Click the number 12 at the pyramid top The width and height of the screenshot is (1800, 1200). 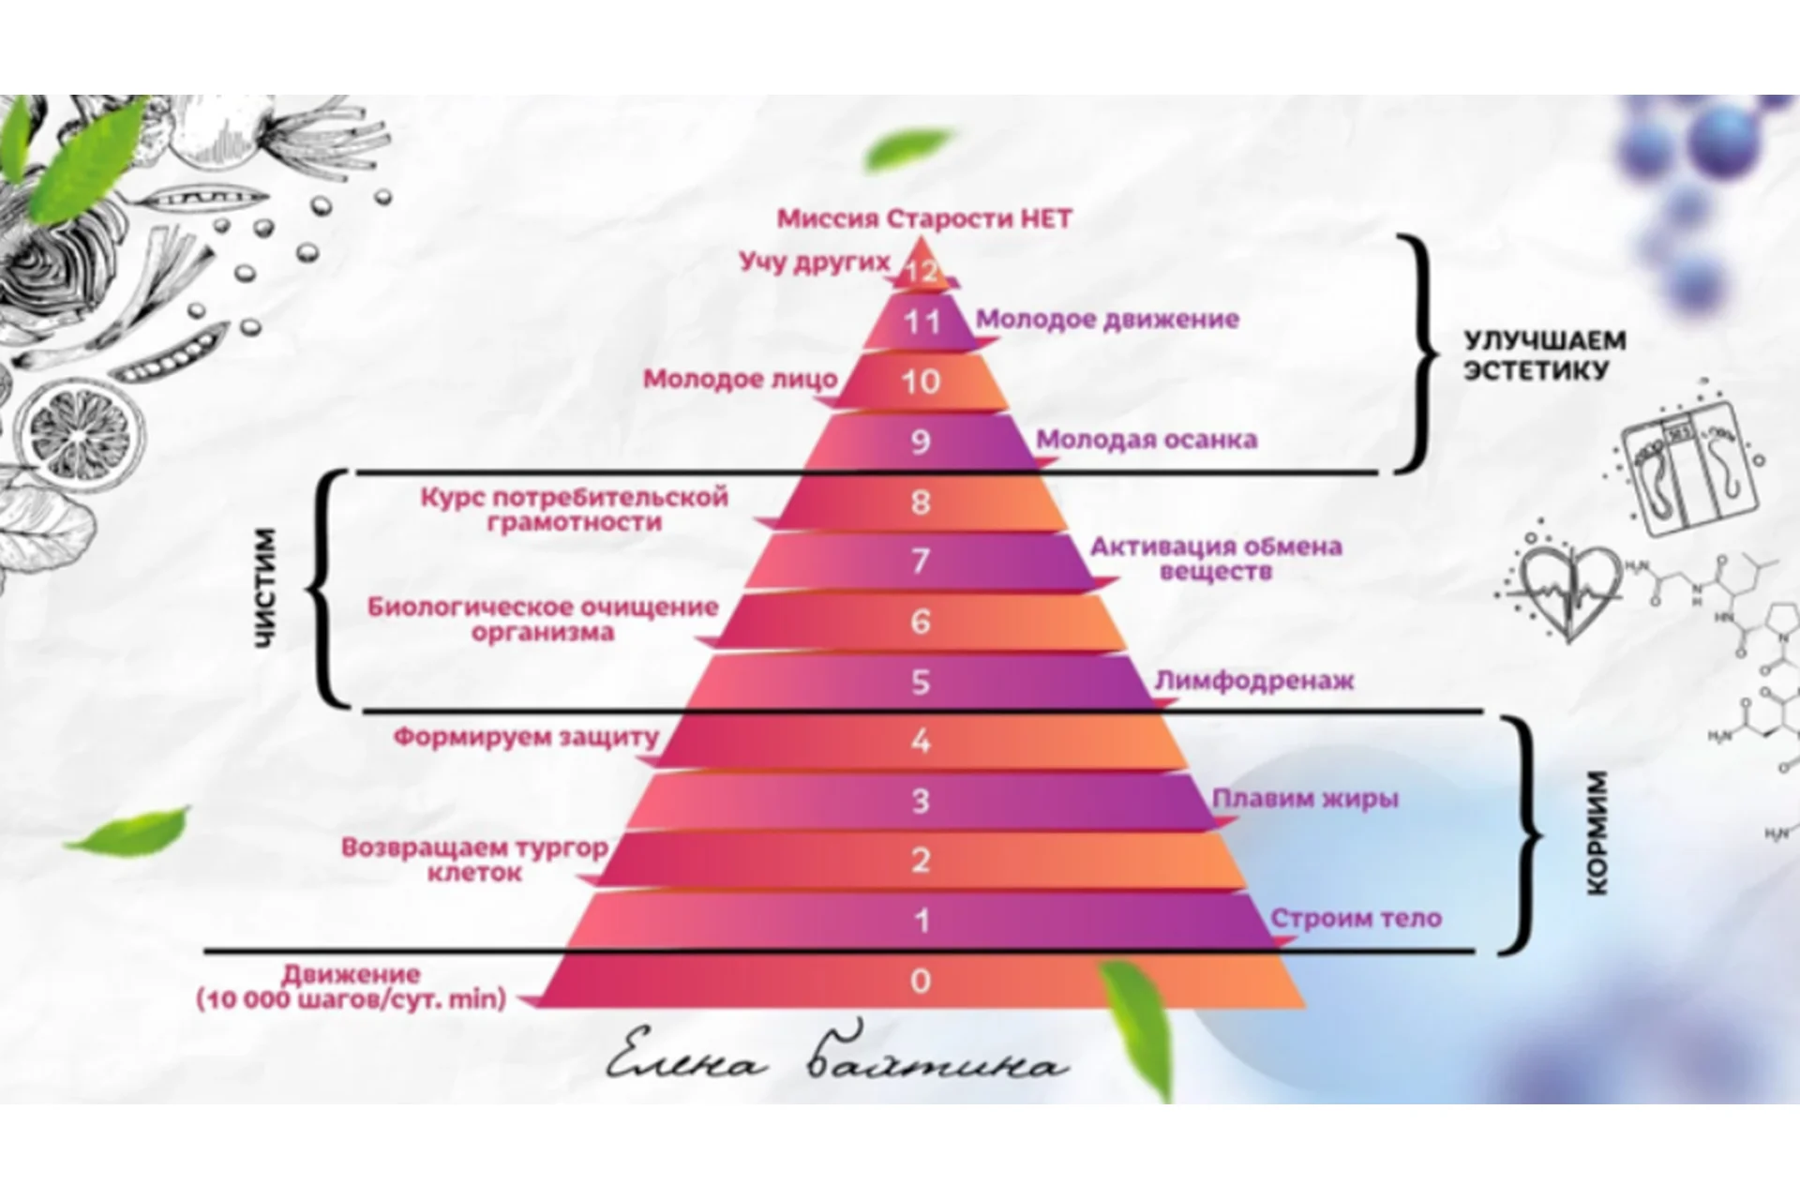(921, 271)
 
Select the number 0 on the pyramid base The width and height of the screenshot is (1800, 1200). (921, 981)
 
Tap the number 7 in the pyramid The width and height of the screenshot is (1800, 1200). (921, 561)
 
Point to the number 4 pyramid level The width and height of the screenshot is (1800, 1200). (921, 742)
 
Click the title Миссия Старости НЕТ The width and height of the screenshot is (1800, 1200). (924, 219)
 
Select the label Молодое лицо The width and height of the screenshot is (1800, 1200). (741, 380)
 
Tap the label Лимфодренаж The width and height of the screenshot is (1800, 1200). (1253, 680)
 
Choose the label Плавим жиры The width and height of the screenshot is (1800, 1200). (1305, 799)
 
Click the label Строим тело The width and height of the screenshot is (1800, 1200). (1356, 918)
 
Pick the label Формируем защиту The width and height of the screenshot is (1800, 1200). (526, 737)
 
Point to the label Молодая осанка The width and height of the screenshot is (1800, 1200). (1146, 440)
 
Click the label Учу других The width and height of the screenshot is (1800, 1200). (814, 261)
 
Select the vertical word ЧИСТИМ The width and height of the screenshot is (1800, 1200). (266, 588)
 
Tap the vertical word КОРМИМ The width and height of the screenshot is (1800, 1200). (1598, 832)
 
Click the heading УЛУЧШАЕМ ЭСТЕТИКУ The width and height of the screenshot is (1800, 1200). (1545, 355)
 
